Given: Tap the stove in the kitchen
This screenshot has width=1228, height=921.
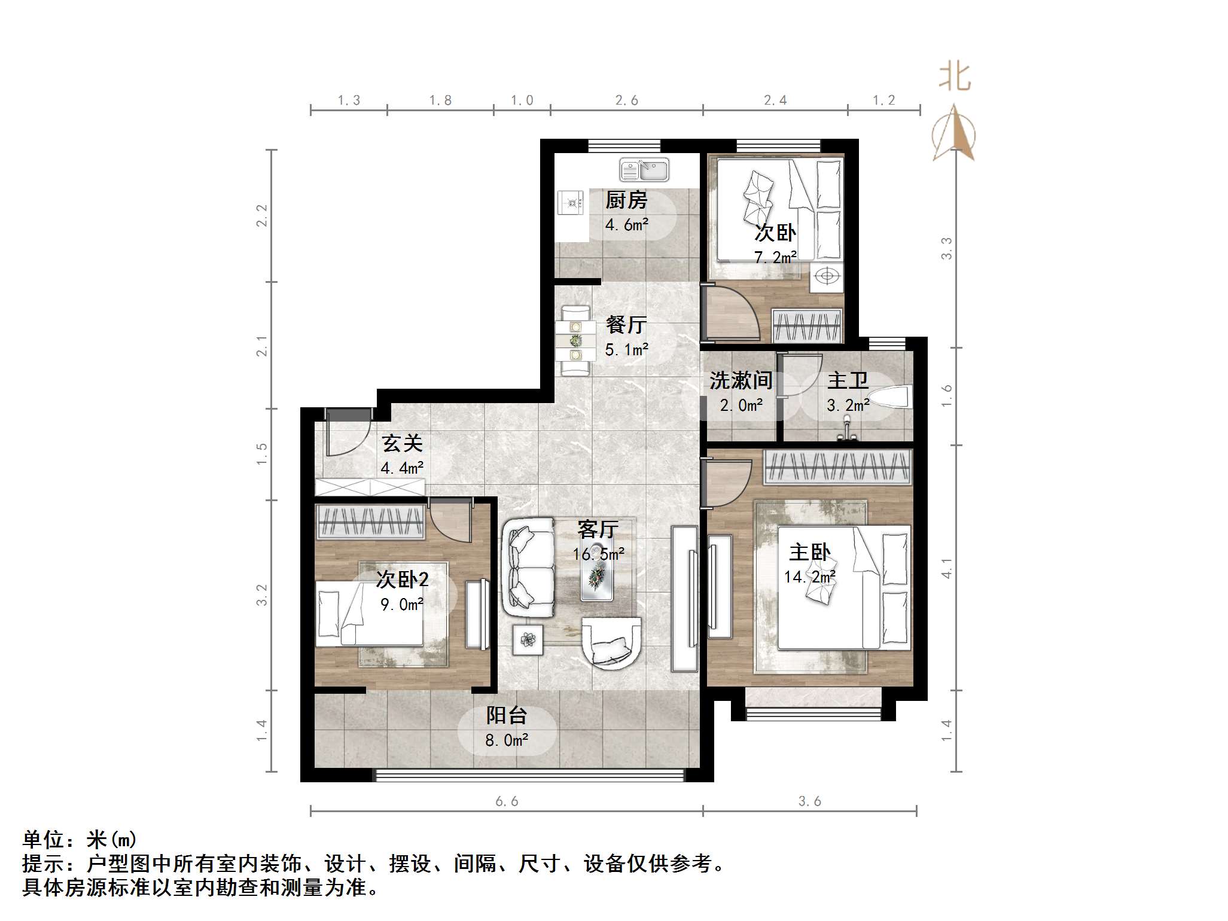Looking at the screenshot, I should (571, 202).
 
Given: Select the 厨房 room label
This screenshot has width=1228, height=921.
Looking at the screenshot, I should (626, 200).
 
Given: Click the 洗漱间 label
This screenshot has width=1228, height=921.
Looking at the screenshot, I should (741, 380).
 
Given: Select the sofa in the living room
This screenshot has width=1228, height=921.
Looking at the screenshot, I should (529, 567).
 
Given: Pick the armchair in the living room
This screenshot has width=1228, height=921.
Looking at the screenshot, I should (611, 643).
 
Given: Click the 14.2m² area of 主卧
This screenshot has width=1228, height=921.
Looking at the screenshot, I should (809, 577).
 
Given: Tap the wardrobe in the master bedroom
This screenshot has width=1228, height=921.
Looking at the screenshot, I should (837, 466).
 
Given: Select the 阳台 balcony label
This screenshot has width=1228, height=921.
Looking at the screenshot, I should (506, 715).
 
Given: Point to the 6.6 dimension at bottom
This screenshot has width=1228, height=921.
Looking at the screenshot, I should (506, 801).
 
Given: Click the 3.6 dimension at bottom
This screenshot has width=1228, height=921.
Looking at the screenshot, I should (809, 801).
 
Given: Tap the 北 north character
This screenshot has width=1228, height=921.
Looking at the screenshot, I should (954, 78).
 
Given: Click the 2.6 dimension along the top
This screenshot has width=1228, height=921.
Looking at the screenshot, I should (626, 100).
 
